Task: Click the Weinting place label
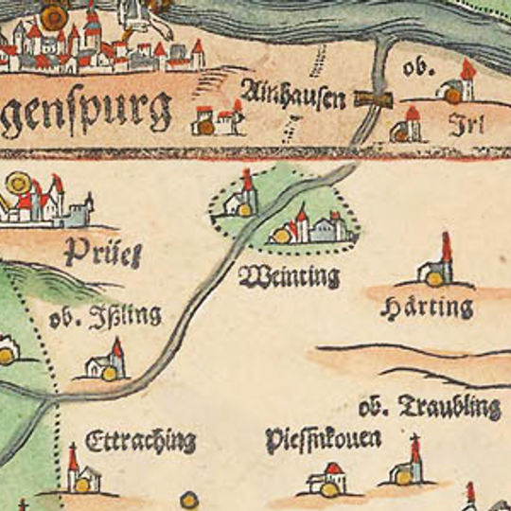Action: click(289, 277)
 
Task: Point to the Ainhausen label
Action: click(292, 95)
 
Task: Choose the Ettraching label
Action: click(140, 442)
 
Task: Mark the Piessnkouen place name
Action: click(323, 439)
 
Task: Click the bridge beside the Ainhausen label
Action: click(375, 97)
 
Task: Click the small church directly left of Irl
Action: click(407, 126)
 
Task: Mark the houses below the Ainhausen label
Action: click(218, 120)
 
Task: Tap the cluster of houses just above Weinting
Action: click(308, 227)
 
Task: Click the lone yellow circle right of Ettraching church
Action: click(189, 498)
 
